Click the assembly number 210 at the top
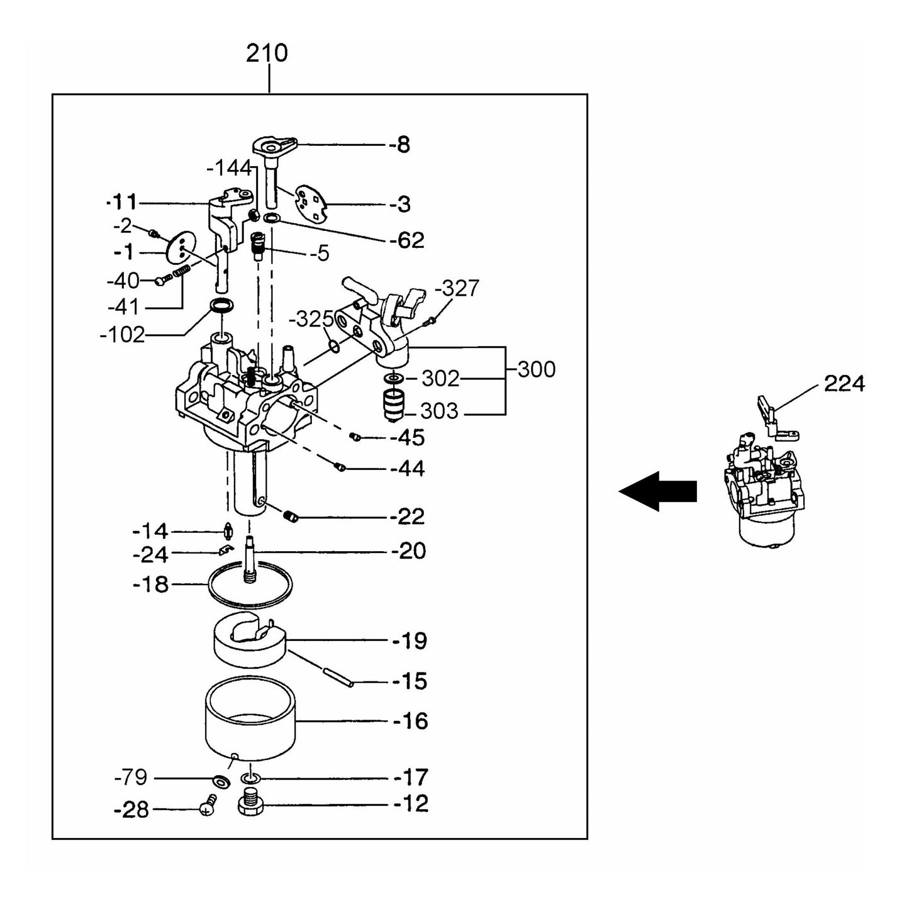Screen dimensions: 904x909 (x=267, y=53)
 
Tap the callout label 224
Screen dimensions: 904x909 (x=844, y=383)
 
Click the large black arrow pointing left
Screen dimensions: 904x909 (x=658, y=491)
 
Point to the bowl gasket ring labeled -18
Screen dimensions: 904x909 (x=250, y=585)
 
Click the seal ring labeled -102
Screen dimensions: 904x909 (x=221, y=306)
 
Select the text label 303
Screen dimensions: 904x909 (x=438, y=411)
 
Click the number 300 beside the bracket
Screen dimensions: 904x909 (x=536, y=369)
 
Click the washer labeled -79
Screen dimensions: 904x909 (x=221, y=781)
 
